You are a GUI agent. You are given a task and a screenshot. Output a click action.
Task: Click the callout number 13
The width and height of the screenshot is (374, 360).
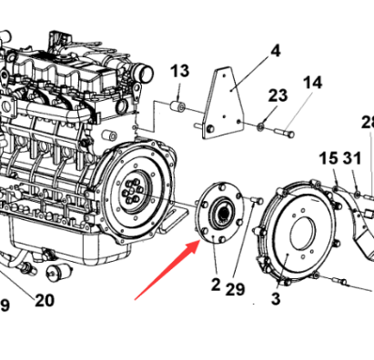tap(180, 71)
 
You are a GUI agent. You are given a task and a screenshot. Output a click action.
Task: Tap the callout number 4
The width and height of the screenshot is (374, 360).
tap(275, 51)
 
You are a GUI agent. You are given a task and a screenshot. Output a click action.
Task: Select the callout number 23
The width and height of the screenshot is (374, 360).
tap(278, 95)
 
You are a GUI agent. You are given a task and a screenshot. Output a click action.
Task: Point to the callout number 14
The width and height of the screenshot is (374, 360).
tap(313, 83)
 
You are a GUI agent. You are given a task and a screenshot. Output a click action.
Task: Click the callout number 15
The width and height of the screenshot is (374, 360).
tap(329, 158)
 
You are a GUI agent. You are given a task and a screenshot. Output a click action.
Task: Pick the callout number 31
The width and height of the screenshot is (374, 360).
tap(352, 158)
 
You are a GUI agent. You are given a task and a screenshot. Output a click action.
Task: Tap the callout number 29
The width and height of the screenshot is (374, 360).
tap(235, 289)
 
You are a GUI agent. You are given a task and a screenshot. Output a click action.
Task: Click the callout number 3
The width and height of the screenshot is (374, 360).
tap(276, 299)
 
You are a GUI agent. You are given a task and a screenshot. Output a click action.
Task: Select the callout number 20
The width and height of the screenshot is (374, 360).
tap(45, 300)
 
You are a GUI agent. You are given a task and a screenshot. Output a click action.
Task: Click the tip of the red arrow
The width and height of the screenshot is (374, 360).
tap(200, 240)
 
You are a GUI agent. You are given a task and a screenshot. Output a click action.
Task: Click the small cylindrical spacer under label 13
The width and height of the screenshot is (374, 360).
tap(177, 106)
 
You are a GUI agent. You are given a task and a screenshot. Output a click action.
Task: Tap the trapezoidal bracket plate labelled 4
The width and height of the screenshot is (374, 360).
tap(224, 103)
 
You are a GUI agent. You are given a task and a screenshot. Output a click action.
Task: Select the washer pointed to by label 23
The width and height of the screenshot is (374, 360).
tap(260, 126)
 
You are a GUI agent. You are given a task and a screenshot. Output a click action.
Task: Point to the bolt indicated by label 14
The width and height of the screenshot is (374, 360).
tap(284, 133)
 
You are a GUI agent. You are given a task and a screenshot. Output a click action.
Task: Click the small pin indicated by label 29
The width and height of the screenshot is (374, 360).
tap(258, 200)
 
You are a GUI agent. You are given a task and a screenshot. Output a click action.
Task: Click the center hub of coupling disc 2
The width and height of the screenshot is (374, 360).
tap(222, 213)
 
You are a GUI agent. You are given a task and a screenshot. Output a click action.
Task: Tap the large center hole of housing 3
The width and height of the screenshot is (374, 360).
tap(303, 234)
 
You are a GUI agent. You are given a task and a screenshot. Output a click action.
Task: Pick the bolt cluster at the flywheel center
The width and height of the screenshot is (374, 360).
tap(132, 191)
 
